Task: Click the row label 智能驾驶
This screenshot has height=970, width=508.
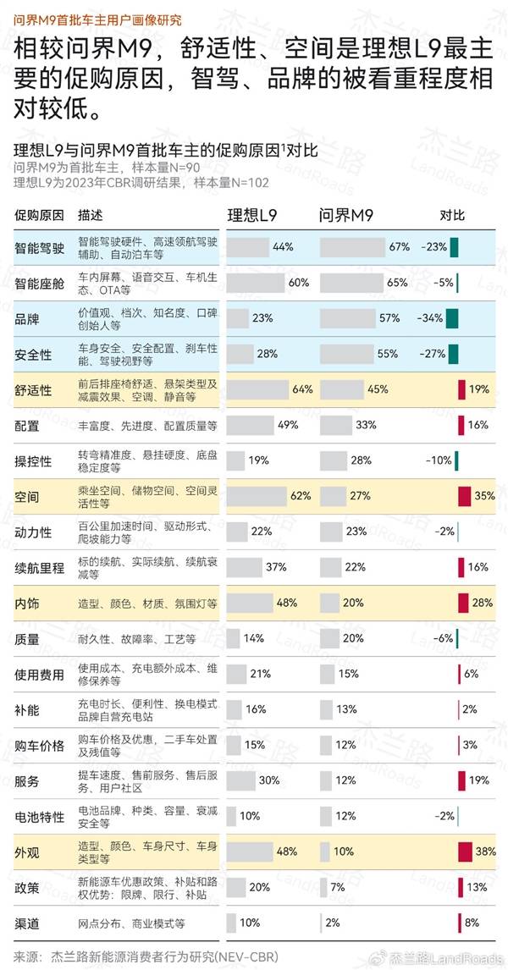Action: (x=39, y=248)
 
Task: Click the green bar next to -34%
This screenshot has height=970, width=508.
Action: (x=452, y=318)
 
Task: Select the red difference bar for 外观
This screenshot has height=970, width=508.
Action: (x=464, y=852)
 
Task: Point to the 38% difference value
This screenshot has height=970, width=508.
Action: (x=485, y=852)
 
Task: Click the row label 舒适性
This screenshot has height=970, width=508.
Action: (x=33, y=390)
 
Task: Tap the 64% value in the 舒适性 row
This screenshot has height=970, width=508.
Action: (x=302, y=389)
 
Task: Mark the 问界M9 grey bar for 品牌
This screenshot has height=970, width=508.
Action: (x=347, y=318)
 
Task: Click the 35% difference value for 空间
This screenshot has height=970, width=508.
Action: (x=485, y=496)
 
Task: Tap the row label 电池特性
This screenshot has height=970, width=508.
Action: (x=39, y=817)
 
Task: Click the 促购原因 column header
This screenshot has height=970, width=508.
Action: (x=39, y=216)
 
